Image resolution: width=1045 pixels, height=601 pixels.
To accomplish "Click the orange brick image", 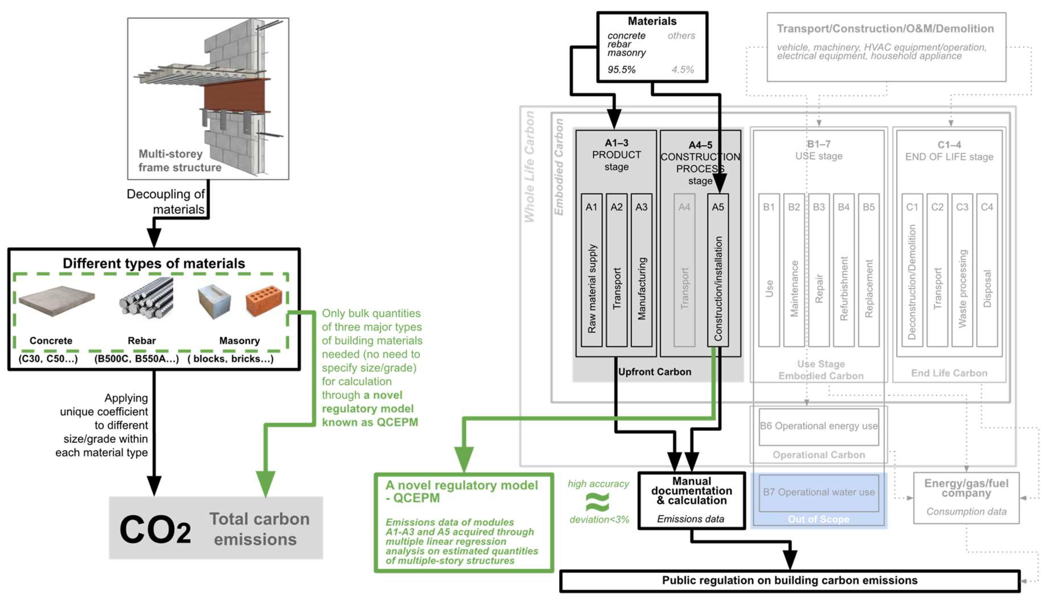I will pyautogui.click(x=264, y=300).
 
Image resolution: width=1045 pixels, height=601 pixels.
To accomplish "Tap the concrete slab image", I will pyautogui.click(x=57, y=300).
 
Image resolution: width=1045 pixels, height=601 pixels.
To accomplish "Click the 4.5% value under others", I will pyautogui.click(x=682, y=69).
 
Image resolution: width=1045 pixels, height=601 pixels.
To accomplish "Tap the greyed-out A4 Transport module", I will pyautogui.click(x=684, y=270).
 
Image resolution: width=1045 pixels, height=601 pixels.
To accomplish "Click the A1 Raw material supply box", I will pyautogui.click(x=591, y=270).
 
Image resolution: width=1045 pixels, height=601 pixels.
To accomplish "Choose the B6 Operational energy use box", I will pyautogui.click(x=818, y=426).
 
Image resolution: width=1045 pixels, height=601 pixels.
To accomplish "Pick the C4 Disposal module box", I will pyautogui.click(x=986, y=270).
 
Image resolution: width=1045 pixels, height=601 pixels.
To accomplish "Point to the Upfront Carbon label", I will pyautogui.click(x=654, y=372).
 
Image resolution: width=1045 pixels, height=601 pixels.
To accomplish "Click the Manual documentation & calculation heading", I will pyautogui.click(x=691, y=491).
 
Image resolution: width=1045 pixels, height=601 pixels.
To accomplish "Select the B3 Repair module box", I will pyautogui.click(x=818, y=270).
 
